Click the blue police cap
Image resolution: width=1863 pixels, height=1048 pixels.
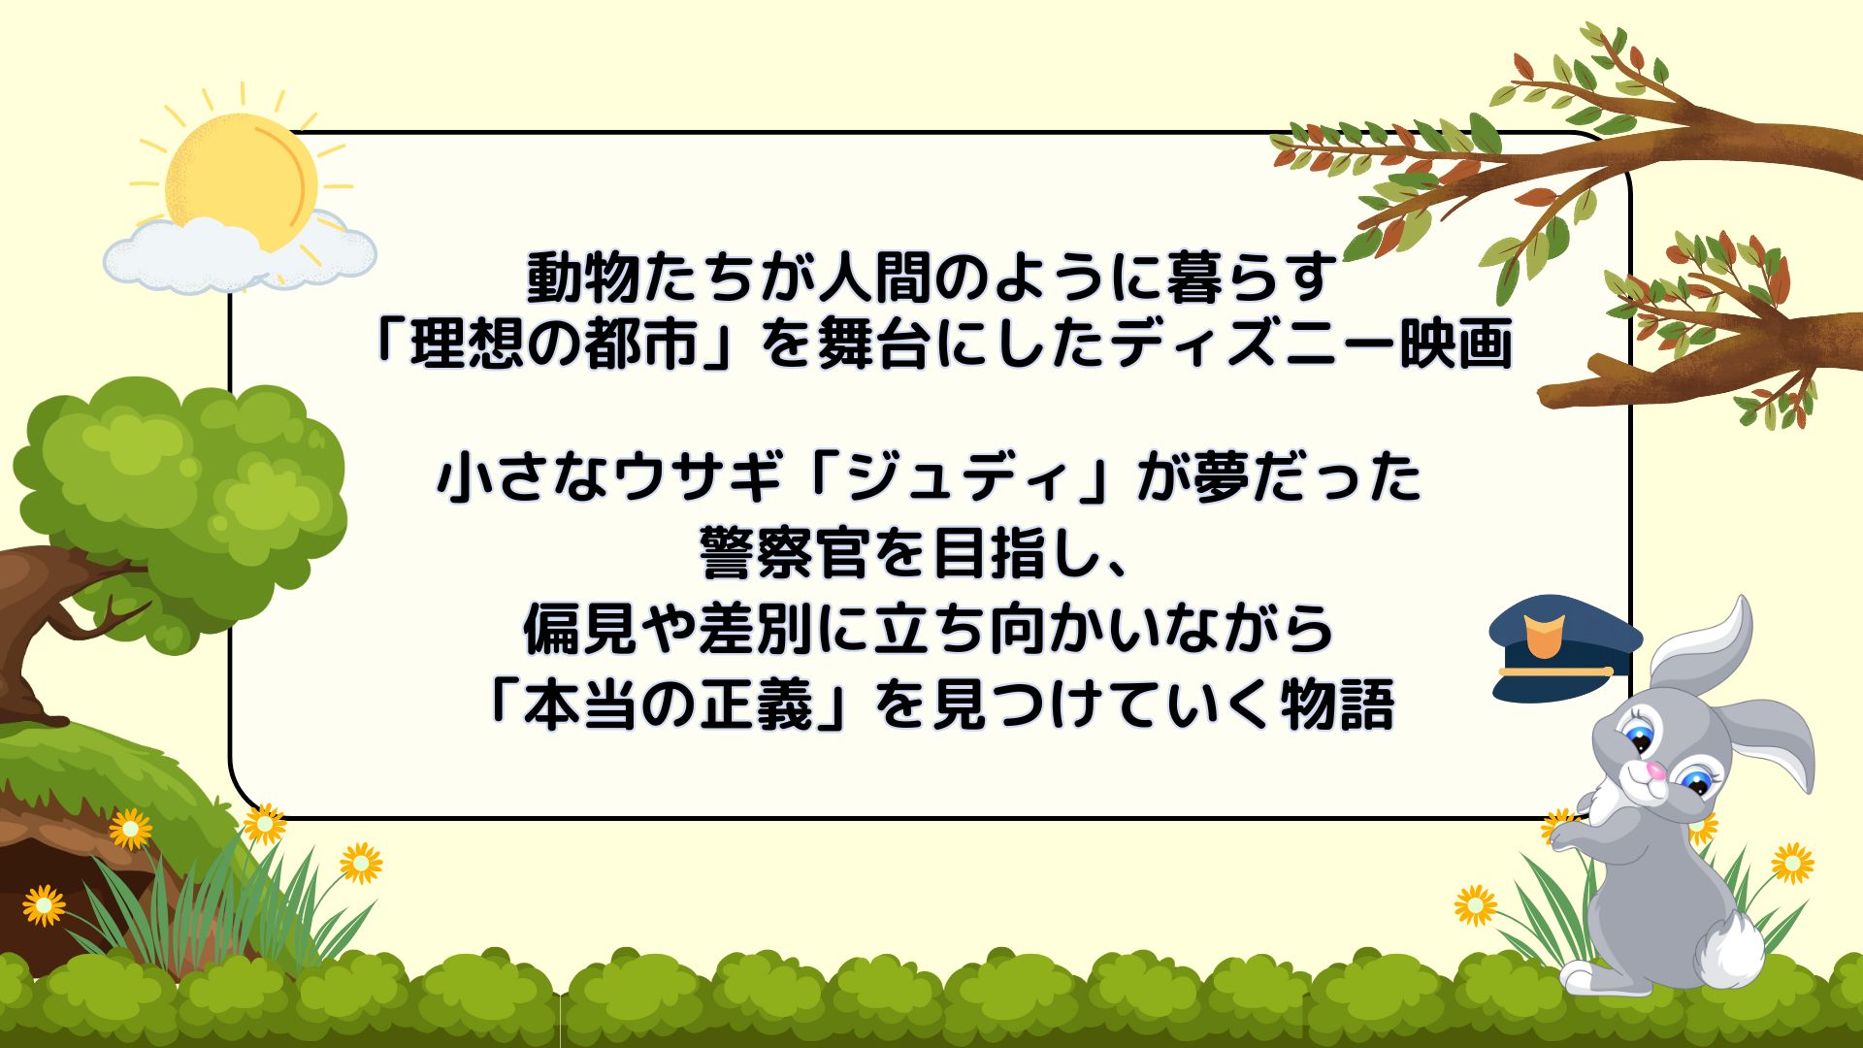pos(1565,647)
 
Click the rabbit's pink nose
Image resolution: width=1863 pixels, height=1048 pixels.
pos(1656,772)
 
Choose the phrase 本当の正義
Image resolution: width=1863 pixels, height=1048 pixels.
pos(669,704)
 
